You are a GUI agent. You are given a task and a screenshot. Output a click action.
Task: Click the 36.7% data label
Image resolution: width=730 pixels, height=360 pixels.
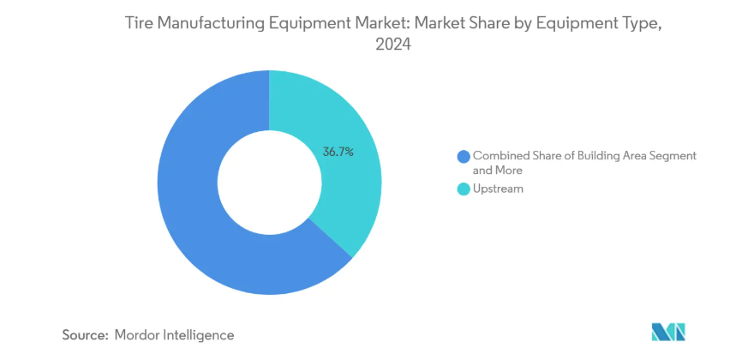[338, 152]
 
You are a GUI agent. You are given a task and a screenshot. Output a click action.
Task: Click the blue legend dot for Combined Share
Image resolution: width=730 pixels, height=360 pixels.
[464, 156]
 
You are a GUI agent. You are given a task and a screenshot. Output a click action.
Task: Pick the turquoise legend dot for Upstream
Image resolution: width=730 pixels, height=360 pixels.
[464, 189]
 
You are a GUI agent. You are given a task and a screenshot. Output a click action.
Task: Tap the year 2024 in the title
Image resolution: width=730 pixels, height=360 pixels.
[393, 48]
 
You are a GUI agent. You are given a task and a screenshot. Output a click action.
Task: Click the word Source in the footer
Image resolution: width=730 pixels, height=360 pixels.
[82, 334]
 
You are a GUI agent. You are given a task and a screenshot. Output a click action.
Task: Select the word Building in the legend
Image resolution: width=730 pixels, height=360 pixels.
[586, 156]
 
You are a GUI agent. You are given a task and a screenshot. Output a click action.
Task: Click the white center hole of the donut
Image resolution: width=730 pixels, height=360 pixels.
[269, 182]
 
